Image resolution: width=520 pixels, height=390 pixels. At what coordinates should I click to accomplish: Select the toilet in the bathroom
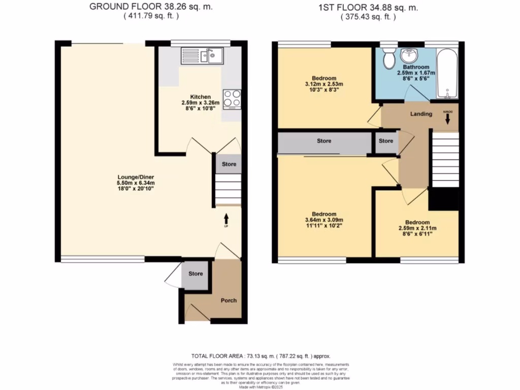tap(389, 59)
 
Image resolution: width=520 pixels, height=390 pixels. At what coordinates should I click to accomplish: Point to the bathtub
tap(447, 74)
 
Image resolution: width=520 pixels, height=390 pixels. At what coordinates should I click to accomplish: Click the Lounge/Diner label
tap(136, 177)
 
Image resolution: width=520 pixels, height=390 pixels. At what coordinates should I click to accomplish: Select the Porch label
tap(229, 300)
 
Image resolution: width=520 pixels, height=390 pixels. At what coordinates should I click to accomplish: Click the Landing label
tap(421, 114)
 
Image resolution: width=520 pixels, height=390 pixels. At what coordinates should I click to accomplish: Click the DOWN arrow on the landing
tap(447, 118)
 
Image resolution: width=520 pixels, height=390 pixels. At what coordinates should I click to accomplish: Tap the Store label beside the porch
tap(196, 274)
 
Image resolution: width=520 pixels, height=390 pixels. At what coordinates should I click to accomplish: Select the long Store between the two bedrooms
tap(324, 141)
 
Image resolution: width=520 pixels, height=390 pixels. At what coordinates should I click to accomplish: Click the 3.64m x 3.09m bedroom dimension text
tap(323, 220)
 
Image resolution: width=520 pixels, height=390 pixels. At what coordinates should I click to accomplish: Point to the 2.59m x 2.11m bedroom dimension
tap(417, 229)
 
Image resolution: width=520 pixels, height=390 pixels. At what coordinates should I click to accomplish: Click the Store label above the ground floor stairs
tap(229, 164)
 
